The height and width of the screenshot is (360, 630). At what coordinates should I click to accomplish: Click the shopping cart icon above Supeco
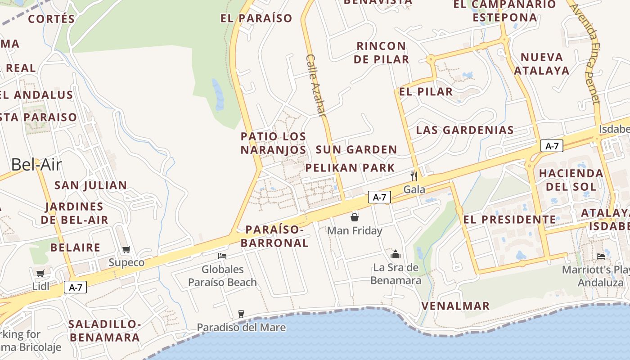pos(126,250)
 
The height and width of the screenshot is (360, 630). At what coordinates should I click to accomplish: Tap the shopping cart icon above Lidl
pos(40,273)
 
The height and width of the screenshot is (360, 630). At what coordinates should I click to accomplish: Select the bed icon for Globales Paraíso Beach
pos(222,256)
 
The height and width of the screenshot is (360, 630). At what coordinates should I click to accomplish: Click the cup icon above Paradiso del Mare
pos(241,314)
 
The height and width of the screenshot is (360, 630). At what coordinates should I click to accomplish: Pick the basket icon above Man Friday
pos(355,218)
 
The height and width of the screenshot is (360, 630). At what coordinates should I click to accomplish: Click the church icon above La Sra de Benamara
pos(396,255)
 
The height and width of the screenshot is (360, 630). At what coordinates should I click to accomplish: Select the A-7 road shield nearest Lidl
pos(75,287)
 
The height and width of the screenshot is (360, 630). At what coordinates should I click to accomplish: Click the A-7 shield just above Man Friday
pos(379,197)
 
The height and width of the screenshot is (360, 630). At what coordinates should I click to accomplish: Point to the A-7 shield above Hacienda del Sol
pos(552,146)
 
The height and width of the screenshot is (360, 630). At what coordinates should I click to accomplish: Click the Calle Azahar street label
pos(316,85)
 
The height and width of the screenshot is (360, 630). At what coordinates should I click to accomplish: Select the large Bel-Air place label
pos(36,165)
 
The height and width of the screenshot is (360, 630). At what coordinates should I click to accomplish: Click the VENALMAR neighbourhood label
pos(455,306)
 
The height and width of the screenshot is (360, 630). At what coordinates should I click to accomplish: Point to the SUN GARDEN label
pos(356,149)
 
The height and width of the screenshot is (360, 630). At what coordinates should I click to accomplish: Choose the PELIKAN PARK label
pos(350,168)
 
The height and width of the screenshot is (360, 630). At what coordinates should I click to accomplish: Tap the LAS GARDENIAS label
pos(465,130)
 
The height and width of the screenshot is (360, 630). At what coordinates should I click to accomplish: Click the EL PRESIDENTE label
pos(509,220)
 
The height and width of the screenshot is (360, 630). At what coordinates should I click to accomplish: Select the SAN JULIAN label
pos(90,185)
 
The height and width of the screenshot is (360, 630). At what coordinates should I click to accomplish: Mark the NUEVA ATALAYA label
pos(542,64)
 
